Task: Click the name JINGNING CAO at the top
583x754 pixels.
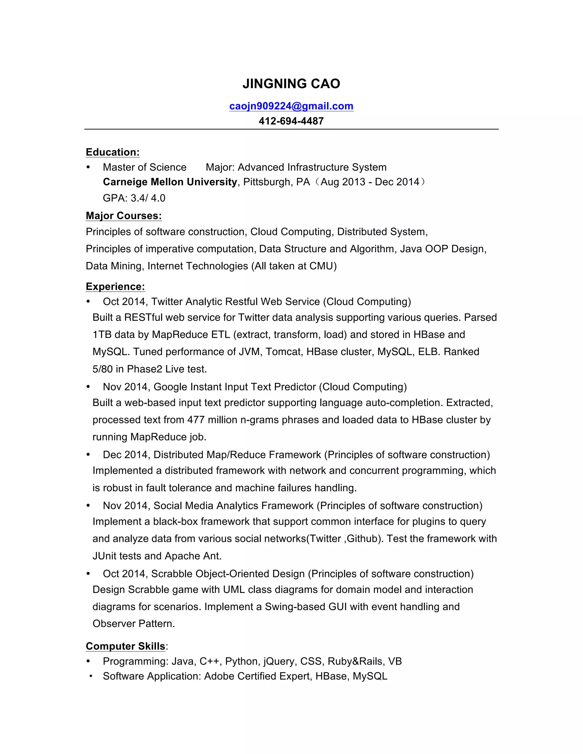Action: click(291, 84)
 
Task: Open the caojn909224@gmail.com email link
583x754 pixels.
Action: click(291, 106)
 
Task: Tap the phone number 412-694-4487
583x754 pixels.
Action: click(291, 121)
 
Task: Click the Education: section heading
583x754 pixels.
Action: click(113, 152)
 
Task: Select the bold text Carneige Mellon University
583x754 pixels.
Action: click(170, 182)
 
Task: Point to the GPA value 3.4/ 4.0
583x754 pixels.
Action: click(148, 198)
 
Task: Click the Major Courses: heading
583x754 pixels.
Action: click(124, 216)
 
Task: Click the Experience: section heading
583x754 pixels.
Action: click(115, 287)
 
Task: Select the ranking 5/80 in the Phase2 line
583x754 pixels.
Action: click(102, 369)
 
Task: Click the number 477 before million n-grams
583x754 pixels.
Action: click(196, 420)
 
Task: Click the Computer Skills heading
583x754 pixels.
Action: click(125, 646)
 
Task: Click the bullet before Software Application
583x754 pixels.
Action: click(91, 676)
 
